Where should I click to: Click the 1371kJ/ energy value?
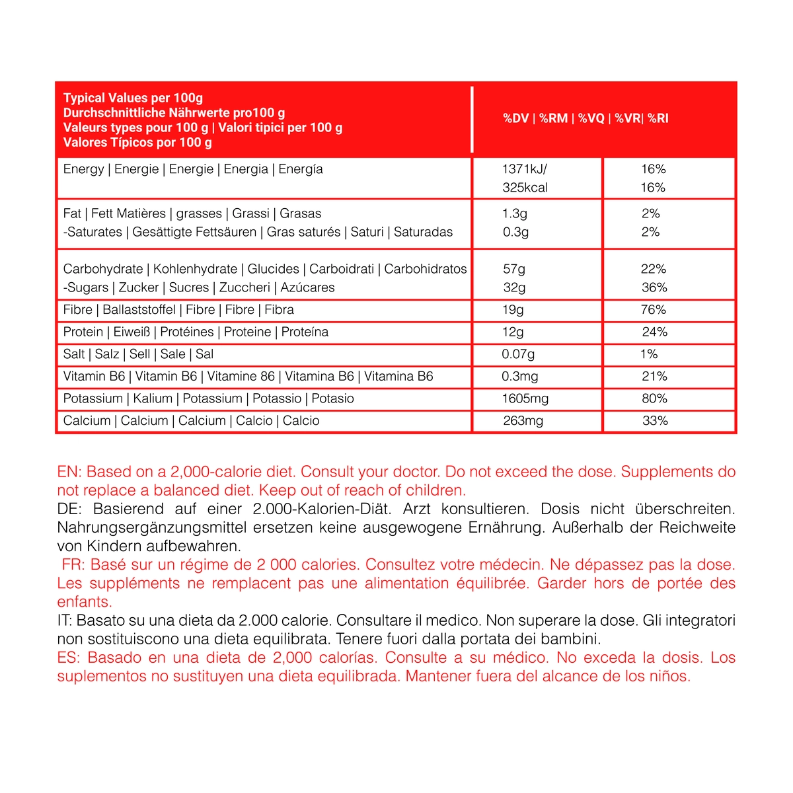[x=525, y=169]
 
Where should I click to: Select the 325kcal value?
[x=525, y=188]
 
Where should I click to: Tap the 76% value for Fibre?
[x=653, y=310]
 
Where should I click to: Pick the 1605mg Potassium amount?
[x=525, y=398]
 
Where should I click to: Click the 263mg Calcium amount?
[x=523, y=421]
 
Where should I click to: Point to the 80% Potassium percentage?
[x=654, y=398]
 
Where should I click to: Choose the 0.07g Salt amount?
[x=518, y=354]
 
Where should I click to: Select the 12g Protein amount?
[x=513, y=332]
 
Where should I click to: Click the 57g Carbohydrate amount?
[x=514, y=269]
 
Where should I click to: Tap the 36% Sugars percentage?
[x=654, y=287]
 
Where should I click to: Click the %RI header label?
[x=658, y=119]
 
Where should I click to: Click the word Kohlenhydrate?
[x=195, y=269]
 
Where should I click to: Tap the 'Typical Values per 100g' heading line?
[x=133, y=98]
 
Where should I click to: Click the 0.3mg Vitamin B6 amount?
[x=519, y=377]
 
